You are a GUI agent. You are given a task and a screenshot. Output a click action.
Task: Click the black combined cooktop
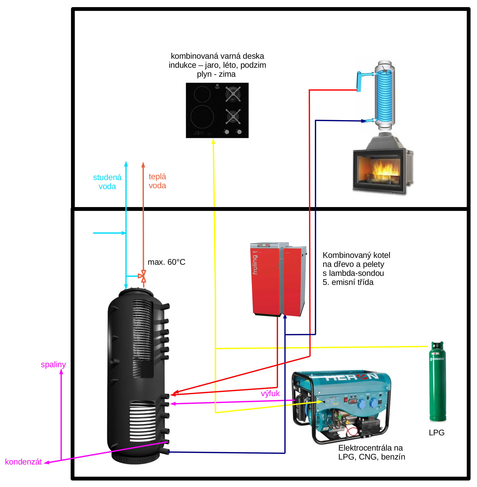coord(217,110)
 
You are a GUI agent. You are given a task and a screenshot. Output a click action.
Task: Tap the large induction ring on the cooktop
coord(202,117)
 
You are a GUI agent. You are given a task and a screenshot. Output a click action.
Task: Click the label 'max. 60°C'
coord(166,262)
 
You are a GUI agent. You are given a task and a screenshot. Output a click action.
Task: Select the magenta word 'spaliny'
coord(53,365)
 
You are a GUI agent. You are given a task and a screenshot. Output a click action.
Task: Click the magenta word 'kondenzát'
coord(23,462)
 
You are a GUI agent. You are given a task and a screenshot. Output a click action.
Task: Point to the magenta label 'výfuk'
coord(270,394)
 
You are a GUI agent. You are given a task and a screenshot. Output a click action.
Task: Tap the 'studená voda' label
coord(107,182)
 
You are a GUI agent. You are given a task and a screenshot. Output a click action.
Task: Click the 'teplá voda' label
coord(157,181)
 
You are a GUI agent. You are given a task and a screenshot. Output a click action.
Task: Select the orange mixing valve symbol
coord(143,276)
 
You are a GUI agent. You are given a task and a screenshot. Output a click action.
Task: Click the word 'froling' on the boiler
coord(255,265)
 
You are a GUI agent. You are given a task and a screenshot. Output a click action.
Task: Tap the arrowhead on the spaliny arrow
coord(61,372)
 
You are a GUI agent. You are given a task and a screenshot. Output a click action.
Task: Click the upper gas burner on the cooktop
coord(233,94)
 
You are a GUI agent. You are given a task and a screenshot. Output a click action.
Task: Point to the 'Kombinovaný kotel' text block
coord(356,269)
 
